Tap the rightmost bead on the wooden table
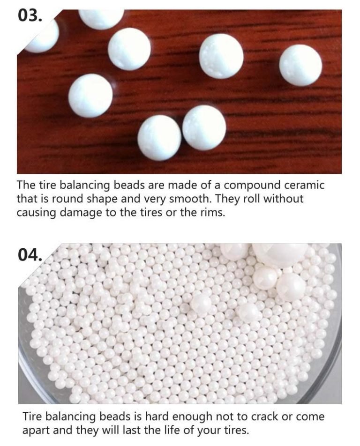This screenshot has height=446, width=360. [300, 65]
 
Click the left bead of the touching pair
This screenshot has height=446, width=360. [159, 138]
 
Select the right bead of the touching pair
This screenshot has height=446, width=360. [204, 127]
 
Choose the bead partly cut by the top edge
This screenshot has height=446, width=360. [101, 18]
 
